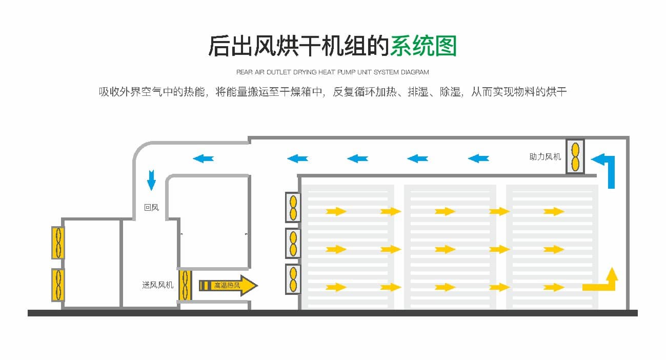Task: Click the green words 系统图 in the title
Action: pyautogui.click(x=423, y=46)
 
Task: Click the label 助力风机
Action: pyautogui.click(x=545, y=157)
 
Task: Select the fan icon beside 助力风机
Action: pyautogui.click(x=575, y=156)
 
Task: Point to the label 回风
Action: pyautogui.click(x=151, y=208)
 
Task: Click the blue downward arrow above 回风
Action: pyautogui.click(x=151, y=180)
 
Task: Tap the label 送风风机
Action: pyautogui.click(x=158, y=285)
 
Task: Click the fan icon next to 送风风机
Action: pyautogui.click(x=185, y=285)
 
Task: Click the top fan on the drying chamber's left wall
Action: pyautogui.click(x=293, y=207)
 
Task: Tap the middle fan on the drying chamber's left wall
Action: pyautogui.click(x=293, y=243)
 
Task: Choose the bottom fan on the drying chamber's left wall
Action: pyautogui.click(x=293, y=279)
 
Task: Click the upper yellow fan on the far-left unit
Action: pyautogui.click(x=57, y=242)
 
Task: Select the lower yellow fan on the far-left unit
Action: pyautogui.click(x=57, y=285)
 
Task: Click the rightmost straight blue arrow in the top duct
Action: pyautogui.click(x=478, y=158)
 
